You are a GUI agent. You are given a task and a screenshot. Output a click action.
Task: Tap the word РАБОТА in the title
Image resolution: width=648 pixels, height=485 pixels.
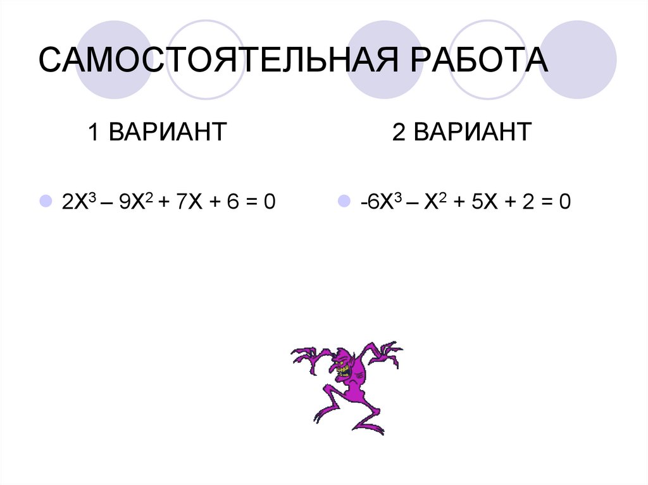(x=480, y=61)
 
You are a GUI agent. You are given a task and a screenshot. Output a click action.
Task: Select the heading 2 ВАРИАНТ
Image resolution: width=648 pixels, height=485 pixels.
(x=462, y=133)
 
